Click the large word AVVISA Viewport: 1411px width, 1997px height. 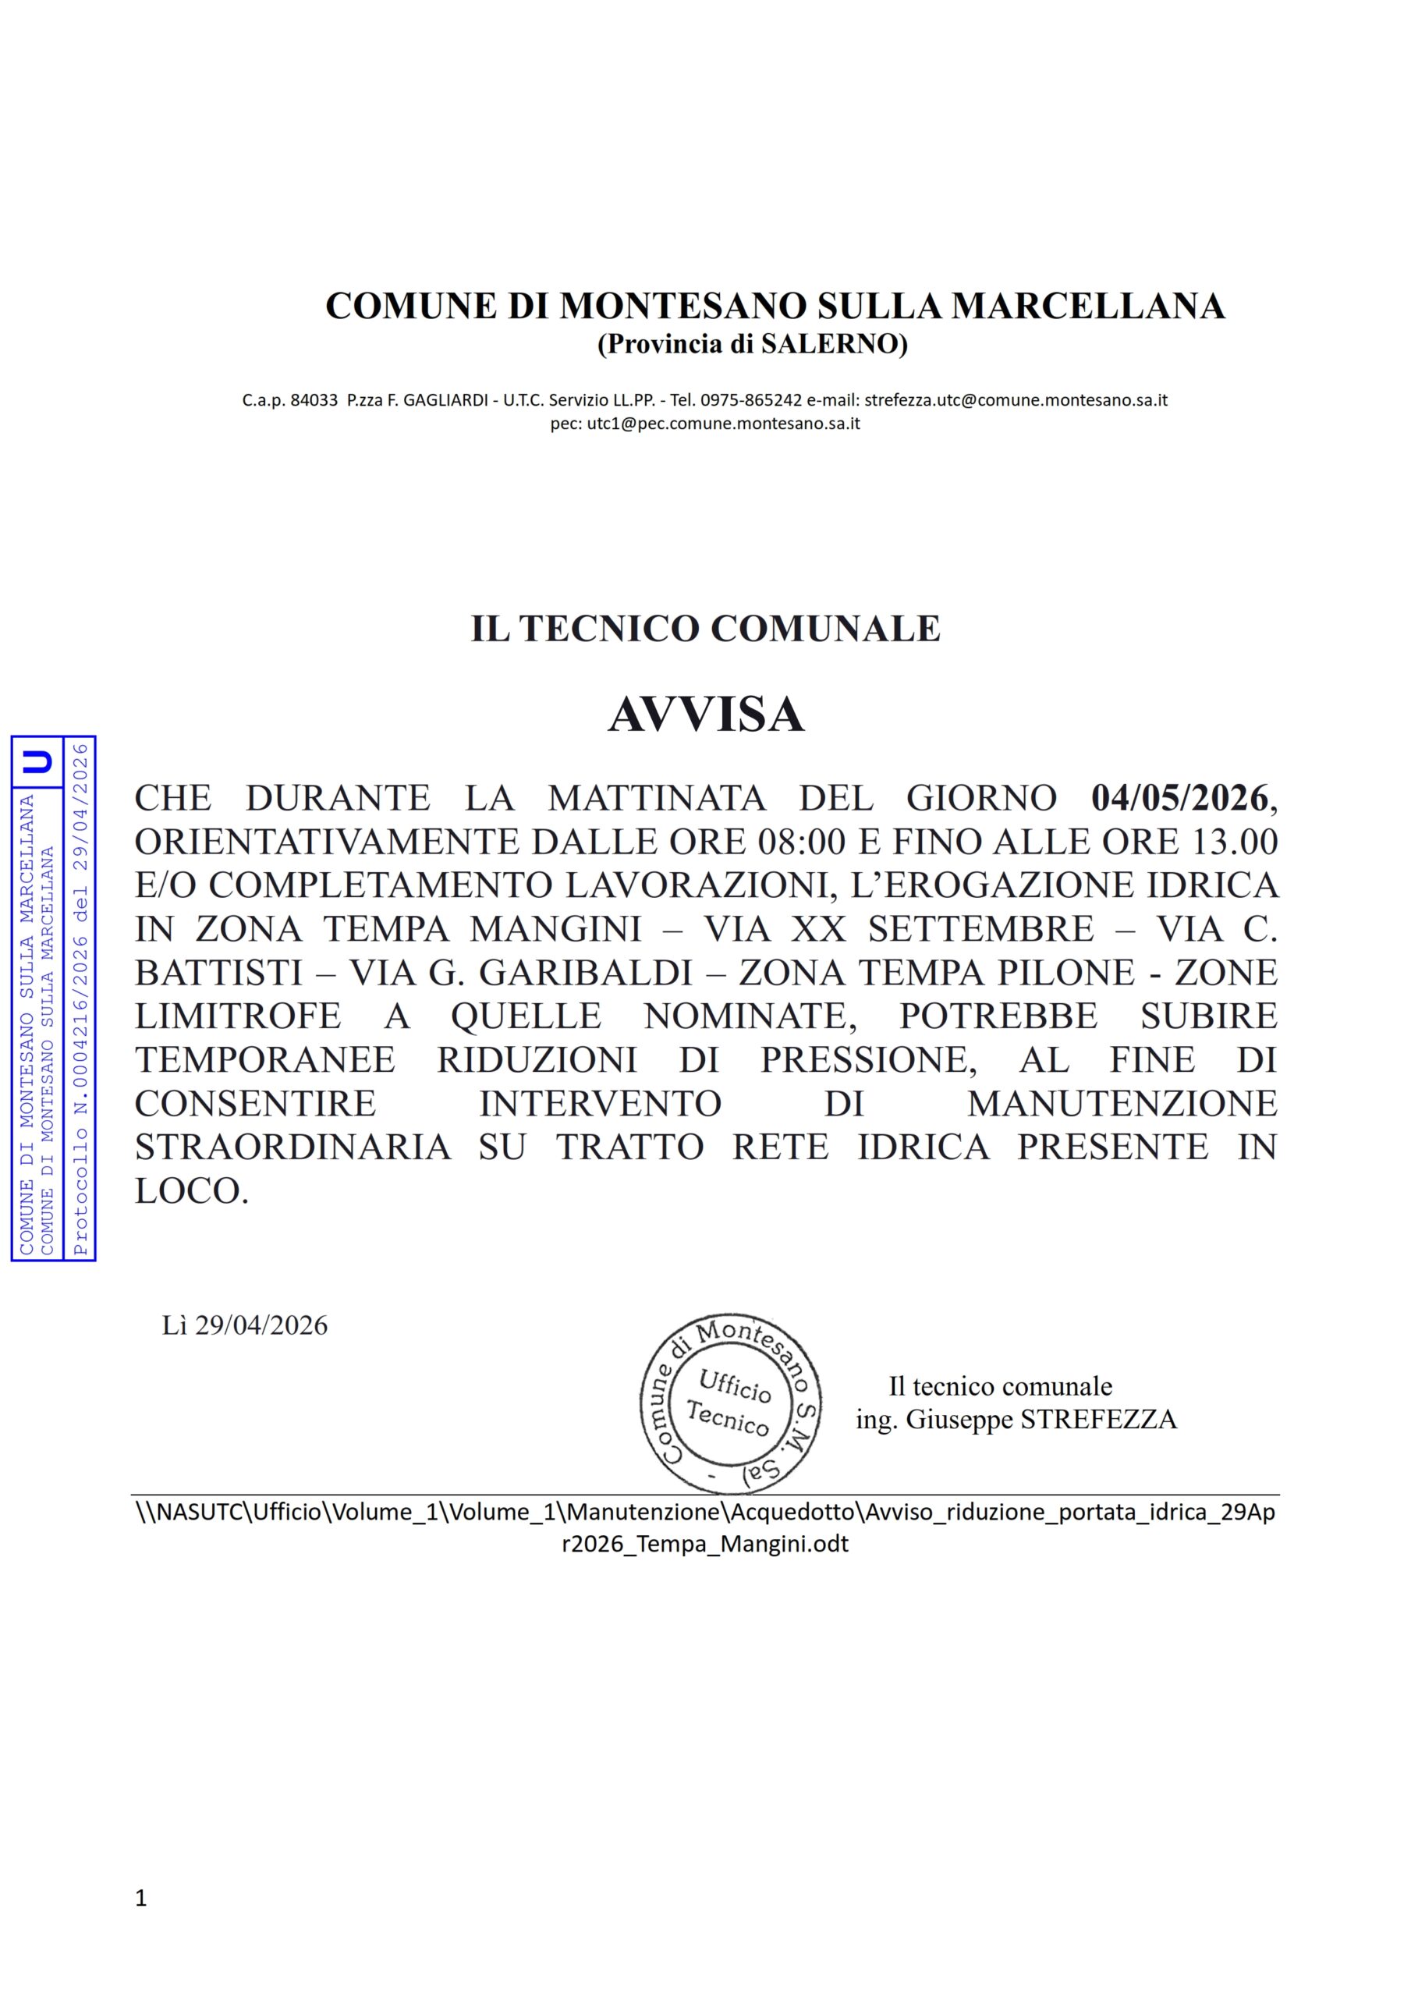(x=705, y=715)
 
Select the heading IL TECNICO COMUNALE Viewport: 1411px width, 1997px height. (x=705, y=628)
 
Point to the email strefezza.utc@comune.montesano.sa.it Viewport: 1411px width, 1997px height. (x=1016, y=400)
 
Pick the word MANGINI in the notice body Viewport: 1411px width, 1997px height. (x=556, y=929)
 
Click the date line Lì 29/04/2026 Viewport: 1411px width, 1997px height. (x=244, y=1325)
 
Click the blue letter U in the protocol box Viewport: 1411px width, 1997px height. (x=37, y=762)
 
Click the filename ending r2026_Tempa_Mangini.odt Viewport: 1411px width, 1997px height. (x=704, y=1544)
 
